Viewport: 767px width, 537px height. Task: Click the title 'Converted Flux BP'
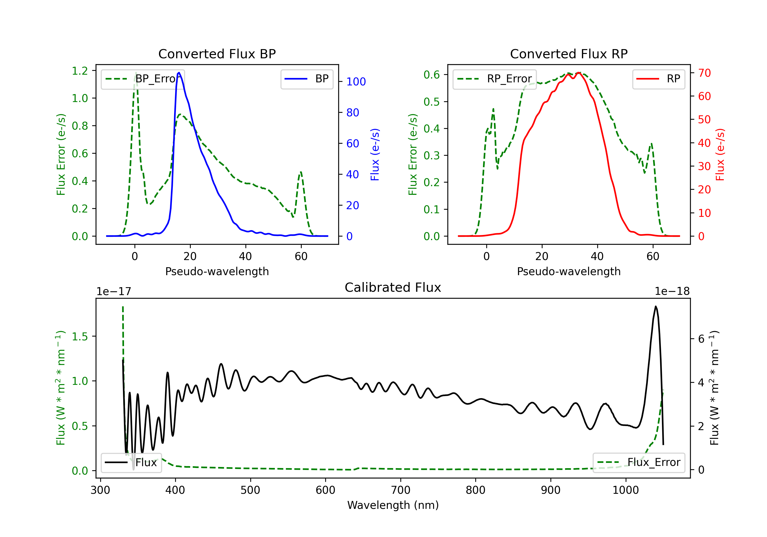[217, 54]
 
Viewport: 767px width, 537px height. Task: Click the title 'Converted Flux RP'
[569, 54]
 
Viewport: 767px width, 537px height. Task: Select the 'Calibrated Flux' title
[393, 287]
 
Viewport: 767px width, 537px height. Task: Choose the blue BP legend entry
[307, 79]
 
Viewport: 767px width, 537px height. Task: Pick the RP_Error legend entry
[494, 79]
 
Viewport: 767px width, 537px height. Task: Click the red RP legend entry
[658, 79]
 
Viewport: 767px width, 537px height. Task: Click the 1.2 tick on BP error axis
[80, 71]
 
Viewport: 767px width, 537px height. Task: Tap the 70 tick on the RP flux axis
[705, 73]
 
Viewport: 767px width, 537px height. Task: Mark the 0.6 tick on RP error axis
[432, 74]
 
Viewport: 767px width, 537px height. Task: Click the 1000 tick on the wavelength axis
[626, 490]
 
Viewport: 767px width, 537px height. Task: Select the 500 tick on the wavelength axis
[250, 490]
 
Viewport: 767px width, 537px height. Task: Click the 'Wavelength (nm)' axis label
[393, 505]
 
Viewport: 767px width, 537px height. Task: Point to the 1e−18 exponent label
[672, 292]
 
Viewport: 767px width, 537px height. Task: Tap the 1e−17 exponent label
[114, 292]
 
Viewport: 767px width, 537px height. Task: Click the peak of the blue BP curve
[179, 73]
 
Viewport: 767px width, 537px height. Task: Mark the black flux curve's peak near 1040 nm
[656, 306]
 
